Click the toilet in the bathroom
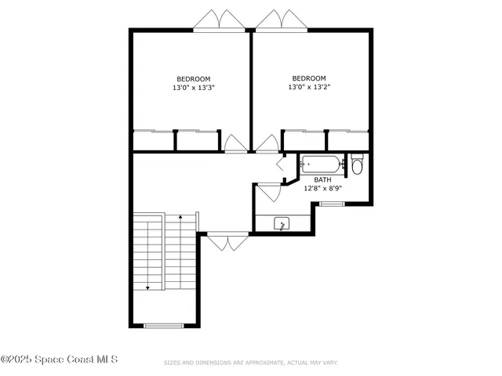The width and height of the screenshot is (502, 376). click(x=357, y=165)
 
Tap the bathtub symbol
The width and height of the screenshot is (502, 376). click(x=322, y=164)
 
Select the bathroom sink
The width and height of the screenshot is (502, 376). click(x=282, y=225)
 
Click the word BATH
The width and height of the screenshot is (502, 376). click(x=322, y=179)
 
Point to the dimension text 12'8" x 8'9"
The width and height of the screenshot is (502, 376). click(x=322, y=189)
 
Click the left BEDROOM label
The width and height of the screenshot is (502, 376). click(x=193, y=78)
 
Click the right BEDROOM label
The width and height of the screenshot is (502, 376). click(x=309, y=78)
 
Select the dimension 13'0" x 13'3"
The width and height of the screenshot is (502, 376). click(x=193, y=88)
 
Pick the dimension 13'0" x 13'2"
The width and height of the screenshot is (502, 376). click(x=309, y=88)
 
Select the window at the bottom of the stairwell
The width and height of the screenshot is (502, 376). click(x=164, y=325)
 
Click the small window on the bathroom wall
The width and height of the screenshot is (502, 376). click(x=332, y=204)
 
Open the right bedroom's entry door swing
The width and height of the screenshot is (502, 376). click(x=267, y=143)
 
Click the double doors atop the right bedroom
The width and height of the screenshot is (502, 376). click(x=279, y=20)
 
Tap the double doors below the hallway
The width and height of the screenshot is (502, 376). click(x=227, y=241)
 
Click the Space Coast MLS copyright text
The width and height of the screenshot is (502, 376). click(x=60, y=360)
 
